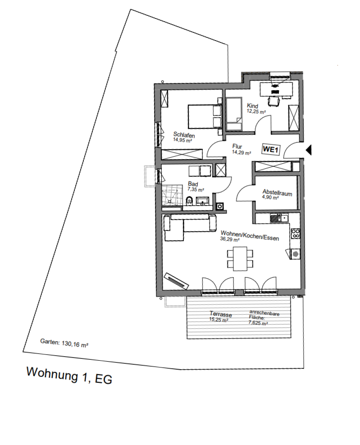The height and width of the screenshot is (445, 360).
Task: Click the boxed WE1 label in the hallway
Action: [x=271, y=148]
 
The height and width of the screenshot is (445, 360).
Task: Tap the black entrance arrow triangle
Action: [x=309, y=150]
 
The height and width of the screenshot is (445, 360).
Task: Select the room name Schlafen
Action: [x=183, y=134]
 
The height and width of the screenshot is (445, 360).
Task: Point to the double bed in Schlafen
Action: [x=203, y=116]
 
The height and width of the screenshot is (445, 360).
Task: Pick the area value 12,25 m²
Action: [x=256, y=112]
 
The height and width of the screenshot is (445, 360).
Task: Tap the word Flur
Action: [x=238, y=146]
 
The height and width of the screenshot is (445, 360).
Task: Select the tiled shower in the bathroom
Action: [x=172, y=197]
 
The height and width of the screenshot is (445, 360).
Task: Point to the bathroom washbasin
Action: [x=201, y=201]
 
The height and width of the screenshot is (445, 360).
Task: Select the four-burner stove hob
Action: [x=296, y=233]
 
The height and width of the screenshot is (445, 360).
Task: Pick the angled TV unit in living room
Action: [x=176, y=281]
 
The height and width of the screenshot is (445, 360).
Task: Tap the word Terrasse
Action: [x=221, y=314]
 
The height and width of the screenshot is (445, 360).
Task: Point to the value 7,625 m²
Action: [x=259, y=323]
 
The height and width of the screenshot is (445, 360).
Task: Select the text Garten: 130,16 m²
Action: [x=64, y=343]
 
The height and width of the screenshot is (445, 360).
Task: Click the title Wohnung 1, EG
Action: [x=69, y=376]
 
